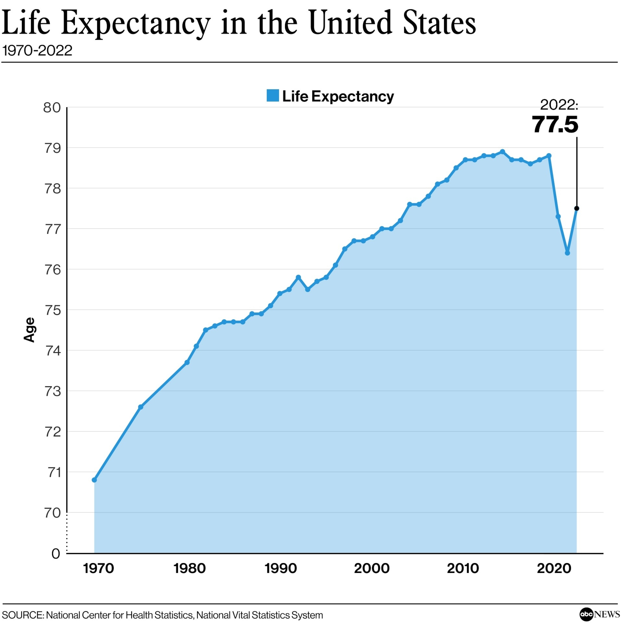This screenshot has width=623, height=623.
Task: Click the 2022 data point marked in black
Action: (577, 208)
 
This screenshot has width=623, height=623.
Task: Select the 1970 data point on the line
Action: (94, 480)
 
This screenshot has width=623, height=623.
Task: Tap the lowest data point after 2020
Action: (567, 253)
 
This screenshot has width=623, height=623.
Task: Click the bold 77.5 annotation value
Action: (555, 125)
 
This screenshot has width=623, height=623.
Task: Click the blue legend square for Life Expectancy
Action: (273, 96)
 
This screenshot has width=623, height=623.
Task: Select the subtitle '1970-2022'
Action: (37, 51)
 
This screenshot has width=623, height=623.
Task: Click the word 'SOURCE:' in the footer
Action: (23, 615)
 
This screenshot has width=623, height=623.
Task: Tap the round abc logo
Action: (586, 614)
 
